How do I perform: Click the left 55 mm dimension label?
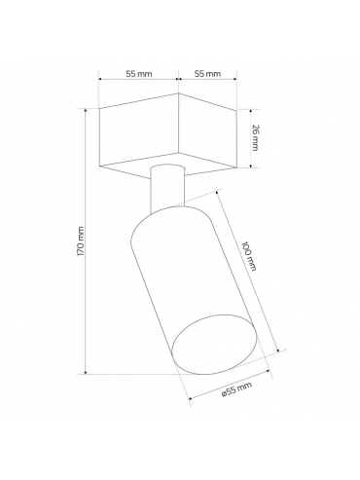(x=139, y=74)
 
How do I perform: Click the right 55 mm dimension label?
(x=207, y=74)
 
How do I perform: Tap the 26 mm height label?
(x=255, y=137)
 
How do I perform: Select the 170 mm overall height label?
(x=80, y=240)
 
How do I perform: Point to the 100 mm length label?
(x=250, y=256)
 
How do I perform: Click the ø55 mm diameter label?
(x=236, y=389)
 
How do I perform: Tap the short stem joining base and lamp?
(x=167, y=188)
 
